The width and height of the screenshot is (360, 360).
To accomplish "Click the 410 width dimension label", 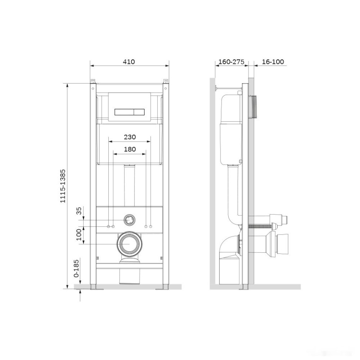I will (x=129, y=62).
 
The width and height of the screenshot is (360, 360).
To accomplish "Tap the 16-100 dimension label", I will (x=273, y=62).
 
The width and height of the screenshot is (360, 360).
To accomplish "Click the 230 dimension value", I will (x=130, y=137).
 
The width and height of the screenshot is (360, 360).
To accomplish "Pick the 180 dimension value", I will (x=130, y=149).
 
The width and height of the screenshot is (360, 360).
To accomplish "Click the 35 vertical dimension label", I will (x=79, y=211).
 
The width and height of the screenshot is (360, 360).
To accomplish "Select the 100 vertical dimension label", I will (x=79, y=235).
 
